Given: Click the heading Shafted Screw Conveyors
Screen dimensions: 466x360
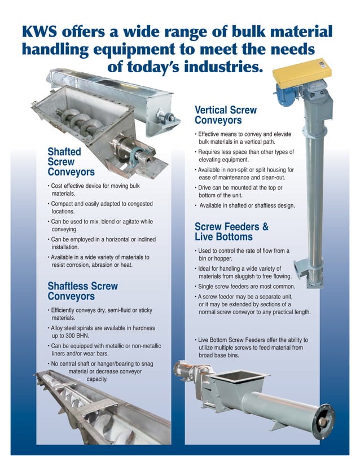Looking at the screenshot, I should (71, 161).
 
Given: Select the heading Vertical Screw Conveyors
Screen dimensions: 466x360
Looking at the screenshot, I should (225, 116).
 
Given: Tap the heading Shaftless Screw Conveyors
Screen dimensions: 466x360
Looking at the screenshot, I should (82, 291).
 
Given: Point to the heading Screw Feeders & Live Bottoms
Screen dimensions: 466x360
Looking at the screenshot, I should (231, 232).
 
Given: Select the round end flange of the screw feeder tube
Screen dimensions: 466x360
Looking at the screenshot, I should (326, 420).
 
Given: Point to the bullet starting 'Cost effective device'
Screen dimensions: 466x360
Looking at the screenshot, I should (94, 190).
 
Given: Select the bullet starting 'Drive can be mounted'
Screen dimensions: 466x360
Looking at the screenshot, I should (240, 191).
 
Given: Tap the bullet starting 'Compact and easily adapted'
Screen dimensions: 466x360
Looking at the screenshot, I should (99, 207).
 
